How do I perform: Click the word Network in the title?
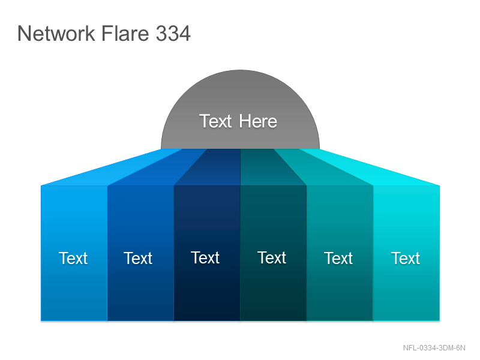click(x=56, y=33)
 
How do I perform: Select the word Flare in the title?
click(x=125, y=33)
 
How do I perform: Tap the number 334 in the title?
click(x=173, y=33)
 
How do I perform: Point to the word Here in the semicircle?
click(x=258, y=121)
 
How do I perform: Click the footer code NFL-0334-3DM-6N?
click(x=434, y=348)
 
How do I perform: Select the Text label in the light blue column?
click(x=73, y=258)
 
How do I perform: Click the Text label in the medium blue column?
click(x=138, y=258)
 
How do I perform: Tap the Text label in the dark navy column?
click(x=205, y=257)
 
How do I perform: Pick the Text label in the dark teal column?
click(x=272, y=257)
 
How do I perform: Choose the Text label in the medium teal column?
click(x=338, y=258)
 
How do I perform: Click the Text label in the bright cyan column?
click(x=406, y=258)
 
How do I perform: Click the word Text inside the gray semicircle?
click(x=215, y=121)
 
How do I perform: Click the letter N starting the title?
click(x=24, y=33)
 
